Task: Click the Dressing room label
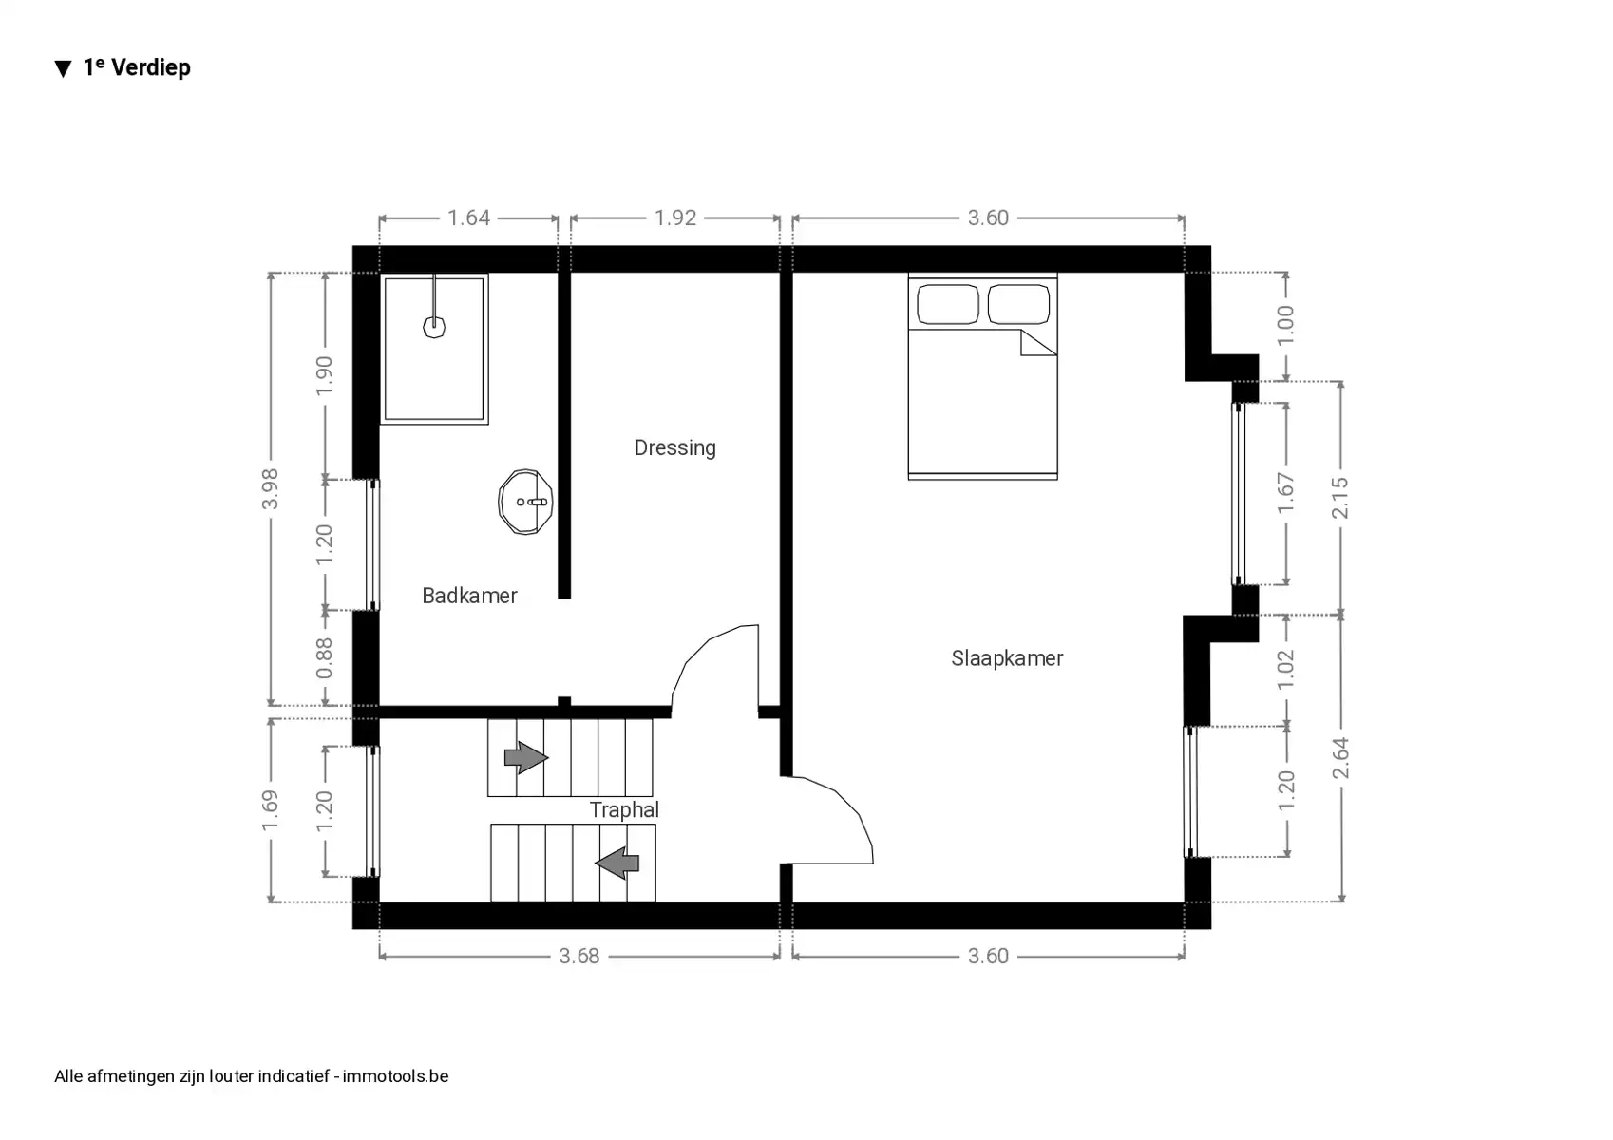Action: coord(674,447)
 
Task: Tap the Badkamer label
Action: coord(469,596)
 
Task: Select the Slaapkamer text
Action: coord(1007,658)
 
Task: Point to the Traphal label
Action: coord(624,809)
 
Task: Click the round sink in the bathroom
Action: coord(525,502)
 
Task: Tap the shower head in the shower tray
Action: coord(434,327)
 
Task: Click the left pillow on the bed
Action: coord(948,305)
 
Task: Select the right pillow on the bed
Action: coord(1018,305)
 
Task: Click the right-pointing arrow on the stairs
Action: coord(525,757)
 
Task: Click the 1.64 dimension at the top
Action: coord(468,218)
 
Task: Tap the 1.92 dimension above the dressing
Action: coord(675,218)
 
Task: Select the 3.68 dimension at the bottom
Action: coord(579,956)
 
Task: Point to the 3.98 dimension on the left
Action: coord(271,488)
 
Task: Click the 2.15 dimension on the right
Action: coord(1340,497)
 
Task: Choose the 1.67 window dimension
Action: coord(1285,493)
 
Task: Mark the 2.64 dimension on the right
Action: coord(1340,757)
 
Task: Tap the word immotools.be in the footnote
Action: coord(395,1076)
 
